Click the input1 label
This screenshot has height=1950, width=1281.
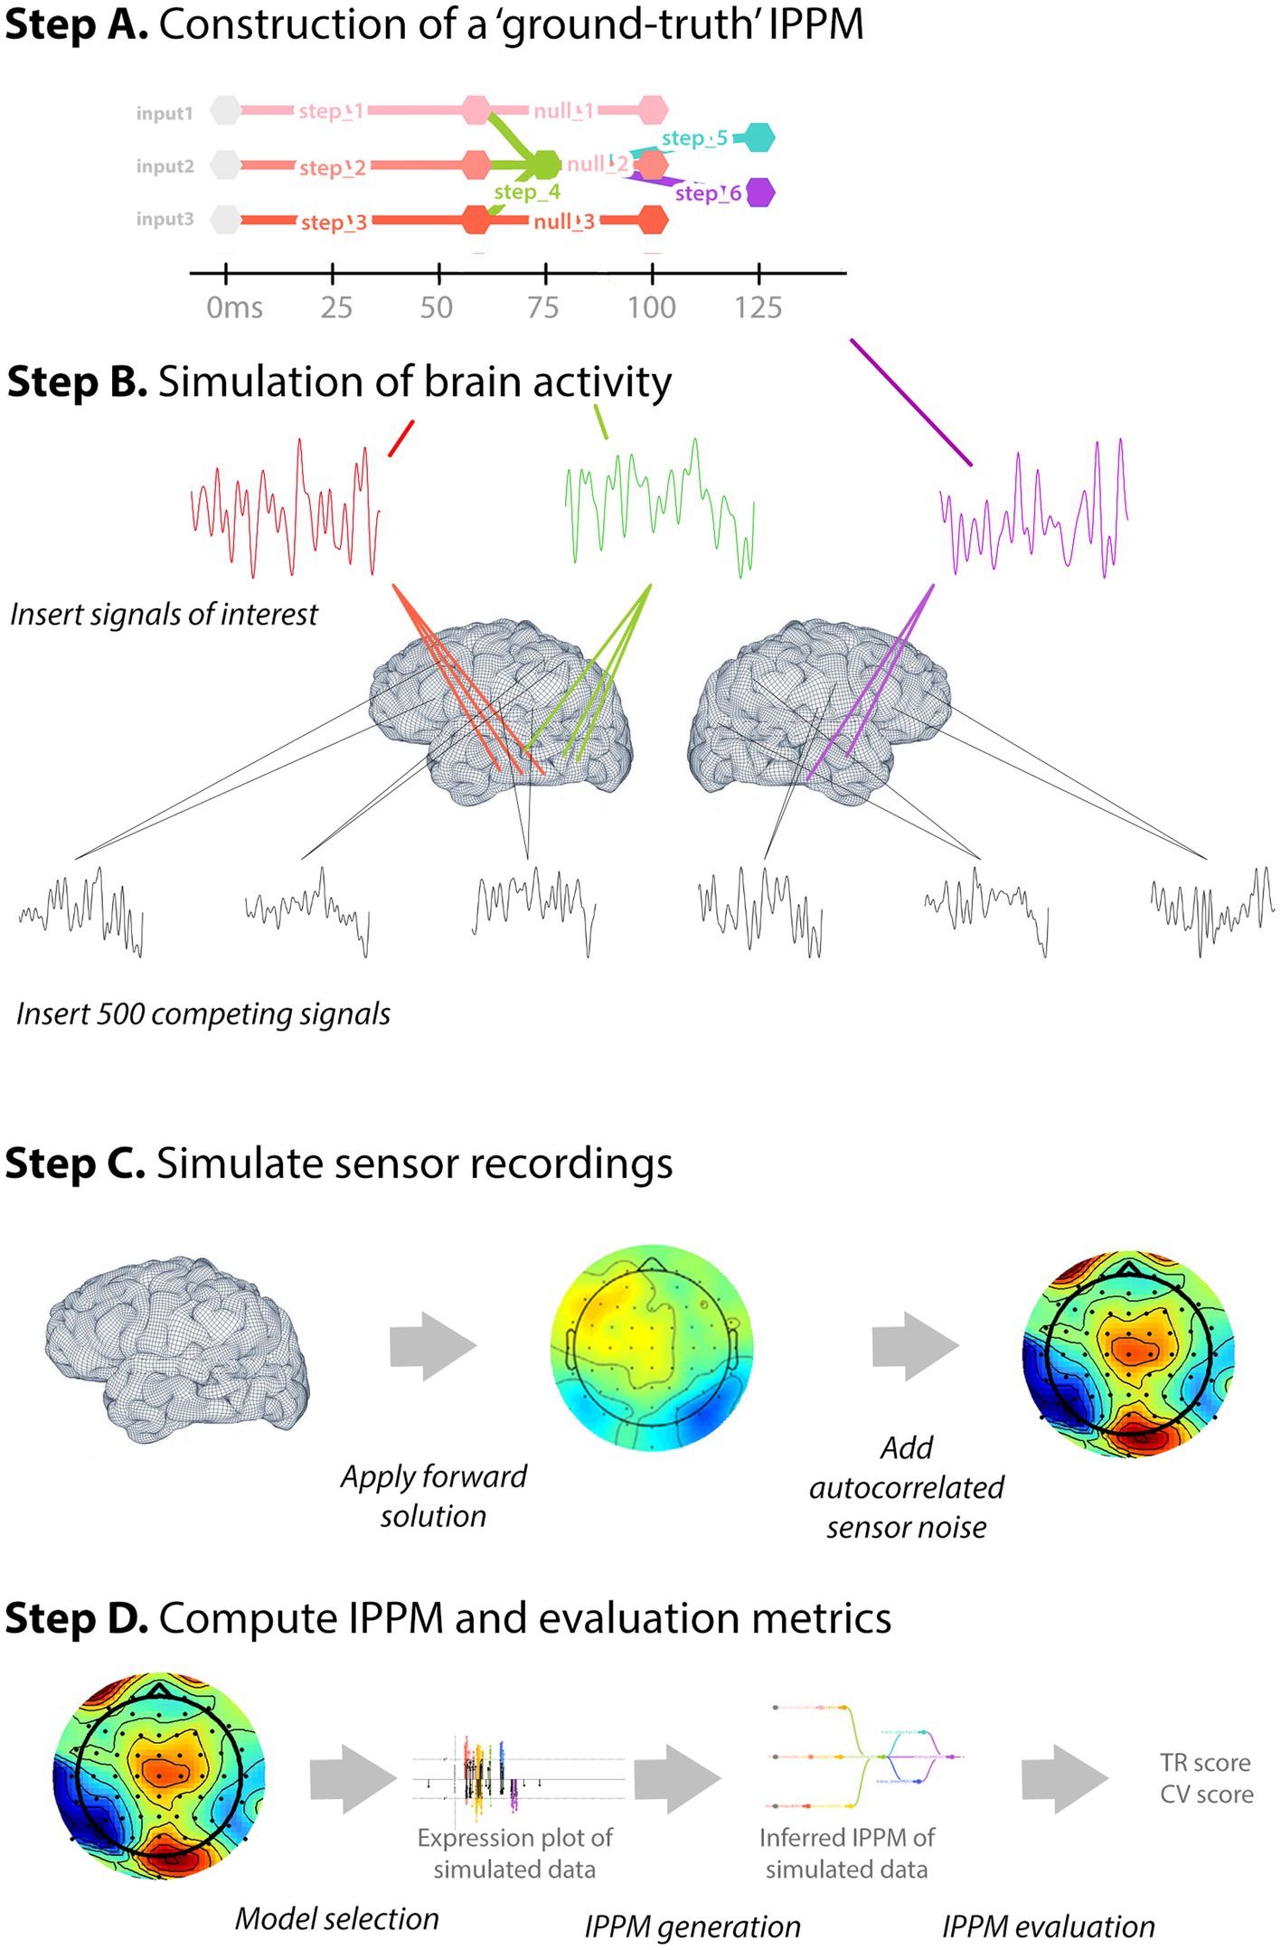[164, 113]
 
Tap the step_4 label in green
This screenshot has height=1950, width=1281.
[527, 193]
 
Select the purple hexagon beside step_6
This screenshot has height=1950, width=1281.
[760, 193]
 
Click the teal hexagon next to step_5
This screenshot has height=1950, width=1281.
[758, 137]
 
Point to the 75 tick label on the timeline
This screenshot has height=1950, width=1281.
[542, 308]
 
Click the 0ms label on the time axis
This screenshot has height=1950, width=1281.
[233, 308]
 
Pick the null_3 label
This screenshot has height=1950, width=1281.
[564, 221]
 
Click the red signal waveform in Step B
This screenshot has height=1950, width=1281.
[285, 510]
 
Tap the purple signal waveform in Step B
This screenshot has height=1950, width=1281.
[1033, 510]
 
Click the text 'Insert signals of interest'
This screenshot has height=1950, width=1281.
[164, 615]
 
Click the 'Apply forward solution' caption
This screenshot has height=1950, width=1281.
[434, 1496]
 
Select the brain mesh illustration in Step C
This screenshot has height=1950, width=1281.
[177, 1346]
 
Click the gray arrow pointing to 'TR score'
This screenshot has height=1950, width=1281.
[1063, 1778]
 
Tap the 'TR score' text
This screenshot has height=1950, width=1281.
[1205, 1763]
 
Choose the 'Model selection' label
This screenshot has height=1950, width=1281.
[336, 1918]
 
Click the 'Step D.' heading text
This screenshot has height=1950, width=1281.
[76, 1618]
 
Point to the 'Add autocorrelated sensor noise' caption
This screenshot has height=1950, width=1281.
[907, 1487]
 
